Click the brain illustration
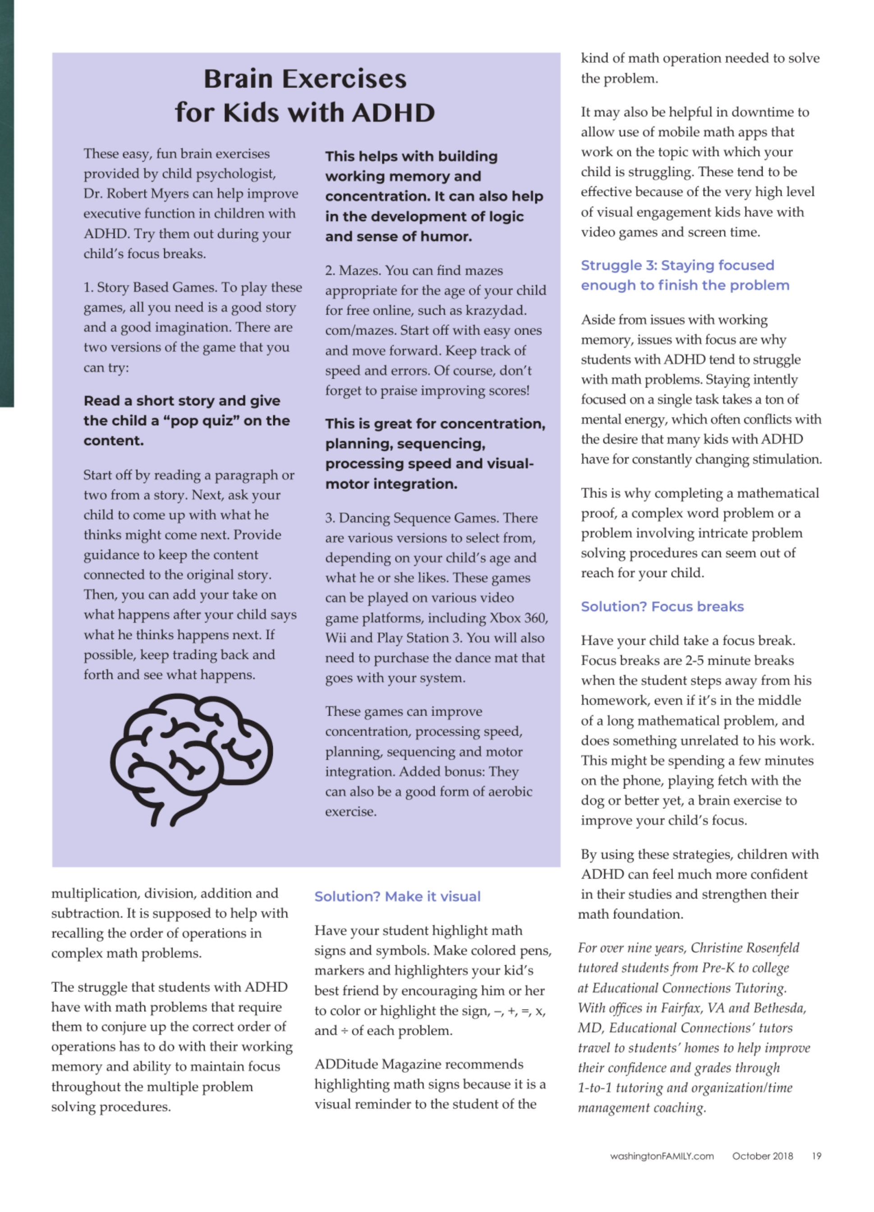coord(191,759)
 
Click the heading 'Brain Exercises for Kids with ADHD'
coord(305,96)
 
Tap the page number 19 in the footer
coord(816,1156)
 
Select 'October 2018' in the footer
coord(762,1156)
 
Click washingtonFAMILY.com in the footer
coord(661,1156)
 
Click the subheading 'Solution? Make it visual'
coord(397,896)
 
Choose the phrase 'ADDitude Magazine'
coord(377,1064)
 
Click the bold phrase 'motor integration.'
coord(391,484)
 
